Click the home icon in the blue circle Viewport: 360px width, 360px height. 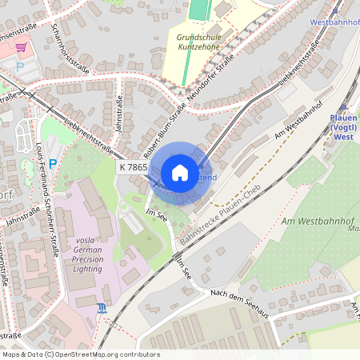pyautogui.click(x=180, y=172)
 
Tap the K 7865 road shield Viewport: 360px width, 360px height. pyautogui.click(x=133, y=167)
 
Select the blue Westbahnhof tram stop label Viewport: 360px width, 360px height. pyautogui.click(x=333, y=23)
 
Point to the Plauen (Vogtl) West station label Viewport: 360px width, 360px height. pyautogui.click(x=342, y=126)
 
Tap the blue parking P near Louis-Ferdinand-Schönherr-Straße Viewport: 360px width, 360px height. pyautogui.click(x=53, y=164)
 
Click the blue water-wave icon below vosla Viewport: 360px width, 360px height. pyautogui.click(x=101, y=307)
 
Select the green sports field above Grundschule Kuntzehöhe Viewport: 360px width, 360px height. pyautogui.click(x=198, y=10)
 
